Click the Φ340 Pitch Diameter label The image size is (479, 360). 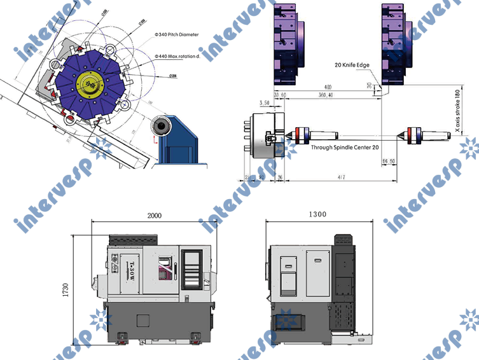pyautogui.click(x=177, y=34)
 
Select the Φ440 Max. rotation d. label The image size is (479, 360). pyautogui.click(x=178, y=56)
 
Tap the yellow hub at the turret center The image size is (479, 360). pyautogui.click(x=90, y=83)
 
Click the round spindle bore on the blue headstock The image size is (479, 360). pyautogui.click(x=162, y=127)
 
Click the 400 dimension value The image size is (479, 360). pyautogui.click(x=328, y=87)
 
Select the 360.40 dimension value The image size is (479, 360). pyautogui.click(x=324, y=95)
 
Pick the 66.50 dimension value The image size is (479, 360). pyautogui.click(x=389, y=162)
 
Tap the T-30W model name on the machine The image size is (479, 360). pyautogui.click(x=130, y=270)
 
